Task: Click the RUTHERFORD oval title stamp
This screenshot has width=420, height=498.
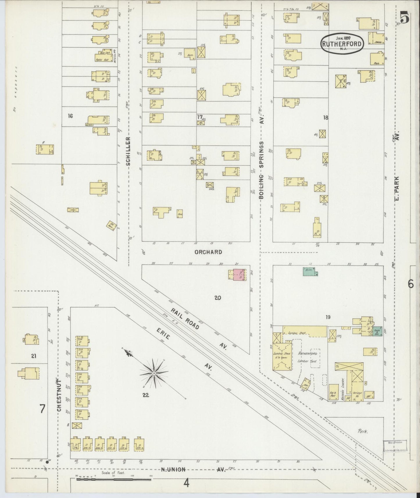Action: pos(342,44)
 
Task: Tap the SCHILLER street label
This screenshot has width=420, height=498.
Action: pos(128,151)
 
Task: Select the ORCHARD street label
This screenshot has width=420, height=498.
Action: pos(208,252)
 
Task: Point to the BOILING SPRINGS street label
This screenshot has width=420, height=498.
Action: pos(261,170)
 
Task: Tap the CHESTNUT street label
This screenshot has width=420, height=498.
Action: pos(59,395)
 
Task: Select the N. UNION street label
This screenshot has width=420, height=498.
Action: pos(173,470)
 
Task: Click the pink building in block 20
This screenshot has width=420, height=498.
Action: pos(239,274)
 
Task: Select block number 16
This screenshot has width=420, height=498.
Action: pos(70,116)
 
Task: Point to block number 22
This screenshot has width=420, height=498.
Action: pos(146,395)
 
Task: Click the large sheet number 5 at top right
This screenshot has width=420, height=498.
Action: pos(405,18)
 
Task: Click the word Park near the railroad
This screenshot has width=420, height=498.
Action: pos(363,431)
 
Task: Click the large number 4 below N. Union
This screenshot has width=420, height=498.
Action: pos(186,483)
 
